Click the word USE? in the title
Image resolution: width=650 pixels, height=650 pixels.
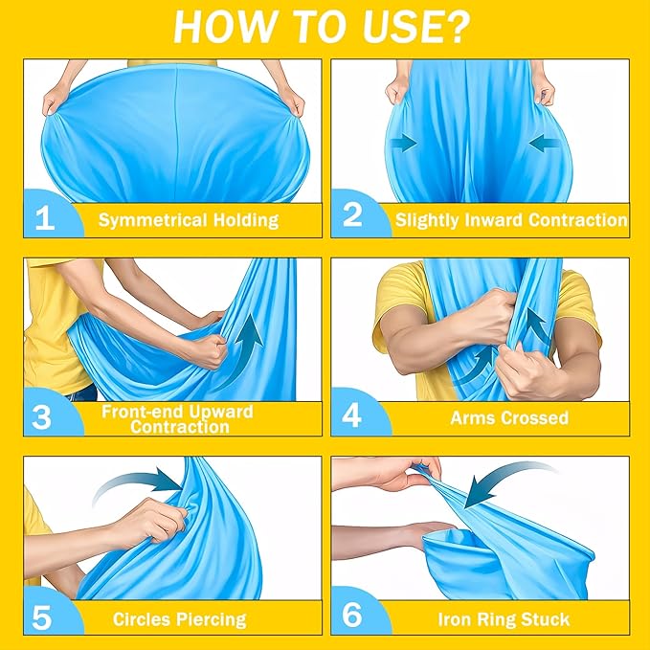416,27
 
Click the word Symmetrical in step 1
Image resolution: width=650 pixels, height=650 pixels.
152,220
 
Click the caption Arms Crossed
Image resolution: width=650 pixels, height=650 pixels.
509,417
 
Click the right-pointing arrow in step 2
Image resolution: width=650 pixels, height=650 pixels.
403,143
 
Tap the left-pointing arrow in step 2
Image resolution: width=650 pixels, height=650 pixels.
545,143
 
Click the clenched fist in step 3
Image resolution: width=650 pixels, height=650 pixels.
210,351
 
